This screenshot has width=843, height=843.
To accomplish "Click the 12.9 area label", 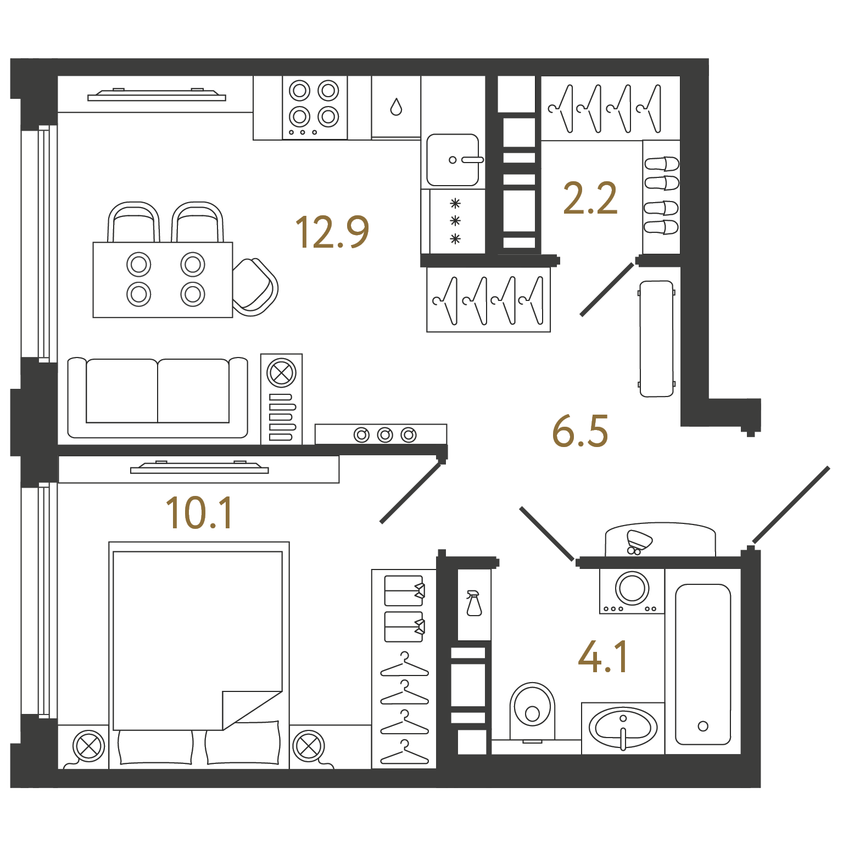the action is (x=332, y=232).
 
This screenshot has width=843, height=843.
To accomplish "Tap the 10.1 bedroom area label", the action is (x=199, y=513).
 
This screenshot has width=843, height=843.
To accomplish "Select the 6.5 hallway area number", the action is (x=580, y=431).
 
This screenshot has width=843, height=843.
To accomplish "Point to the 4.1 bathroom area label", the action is (x=603, y=657).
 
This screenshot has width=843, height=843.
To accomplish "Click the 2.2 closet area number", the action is (x=590, y=198).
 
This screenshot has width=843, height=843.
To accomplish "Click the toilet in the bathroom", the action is (x=532, y=712).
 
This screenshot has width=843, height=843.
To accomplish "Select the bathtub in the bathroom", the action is (x=703, y=664).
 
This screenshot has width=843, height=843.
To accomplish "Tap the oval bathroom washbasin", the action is (x=623, y=728).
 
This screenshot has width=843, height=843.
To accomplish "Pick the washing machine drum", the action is (x=632, y=588).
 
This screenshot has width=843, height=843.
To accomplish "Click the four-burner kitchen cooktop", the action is (x=315, y=108).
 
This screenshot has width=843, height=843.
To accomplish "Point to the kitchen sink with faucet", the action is (x=454, y=160).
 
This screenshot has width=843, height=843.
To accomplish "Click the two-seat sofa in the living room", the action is (x=158, y=398).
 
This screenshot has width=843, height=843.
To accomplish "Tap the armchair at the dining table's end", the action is (x=255, y=287).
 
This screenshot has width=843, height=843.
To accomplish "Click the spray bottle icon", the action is (x=473, y=603).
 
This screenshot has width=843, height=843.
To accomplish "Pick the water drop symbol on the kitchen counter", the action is (x=396, y=107).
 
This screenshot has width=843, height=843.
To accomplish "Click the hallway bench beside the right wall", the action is (x=657, y=339).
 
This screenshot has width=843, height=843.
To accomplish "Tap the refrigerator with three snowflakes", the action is (x=453, y=222).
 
